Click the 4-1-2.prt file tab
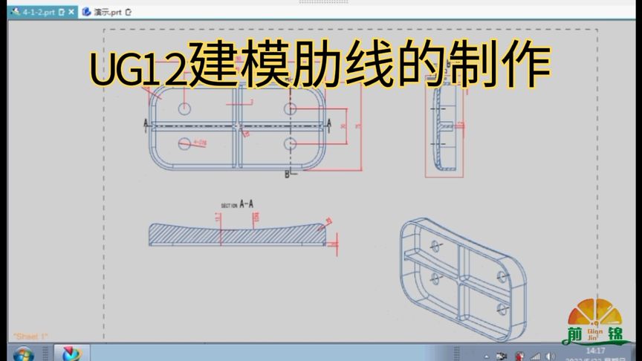coord(37,13)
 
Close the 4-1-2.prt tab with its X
coord(71,13)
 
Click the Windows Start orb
coord(22,354)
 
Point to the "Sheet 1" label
coord(30,337)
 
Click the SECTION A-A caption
coord(238,204)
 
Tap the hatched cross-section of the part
coord(238,234)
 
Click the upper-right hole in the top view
coord(290,109)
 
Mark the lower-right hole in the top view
coord(290,143)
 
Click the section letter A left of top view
coord(146,123)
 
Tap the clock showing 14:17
coord(594,350)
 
